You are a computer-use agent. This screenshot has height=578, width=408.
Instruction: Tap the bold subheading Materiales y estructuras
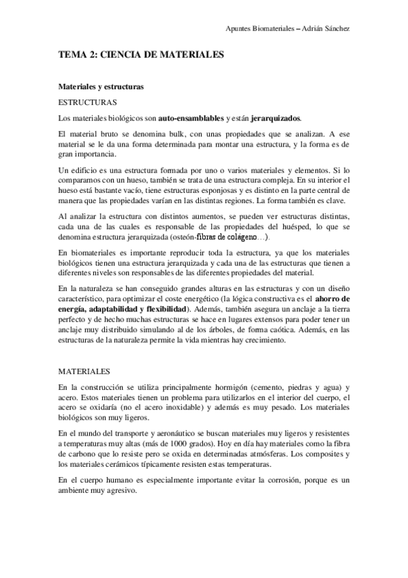click(100, 87)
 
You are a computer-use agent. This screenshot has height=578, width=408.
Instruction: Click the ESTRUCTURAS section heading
click(87, 102)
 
